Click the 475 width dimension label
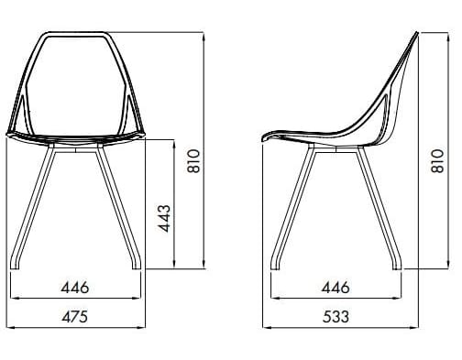pyautogui.click(x=74, y=317)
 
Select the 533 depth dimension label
pyautogui.click(x=335, y=317)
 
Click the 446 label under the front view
pyautogui.click(x=74, y=287)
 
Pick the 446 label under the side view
pyautogui.click(x=335, y=287)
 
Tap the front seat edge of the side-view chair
pyautogui.click(x=267, y=138)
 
